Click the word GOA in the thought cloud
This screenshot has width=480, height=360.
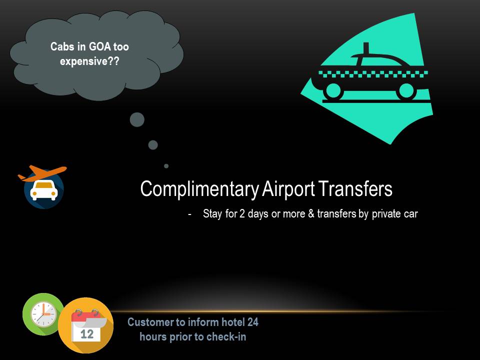click(100, 47)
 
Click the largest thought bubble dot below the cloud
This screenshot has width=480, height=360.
click(137, 119)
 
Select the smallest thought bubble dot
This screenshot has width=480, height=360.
click(166, 166)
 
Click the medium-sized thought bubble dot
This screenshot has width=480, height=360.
click(153, 145)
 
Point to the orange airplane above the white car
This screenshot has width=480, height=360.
click(42, 173)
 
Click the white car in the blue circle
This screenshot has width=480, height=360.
click(44, 190)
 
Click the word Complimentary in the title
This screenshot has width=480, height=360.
click(199, 189)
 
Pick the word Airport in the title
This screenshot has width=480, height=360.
click(288, 189)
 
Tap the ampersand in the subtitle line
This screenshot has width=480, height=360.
click(311, 213)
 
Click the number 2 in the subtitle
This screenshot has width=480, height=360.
click(242, 213)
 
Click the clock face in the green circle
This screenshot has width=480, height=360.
click(43, 314)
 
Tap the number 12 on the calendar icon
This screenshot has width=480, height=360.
click(87, 334)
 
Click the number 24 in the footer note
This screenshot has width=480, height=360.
click(253, 322)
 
